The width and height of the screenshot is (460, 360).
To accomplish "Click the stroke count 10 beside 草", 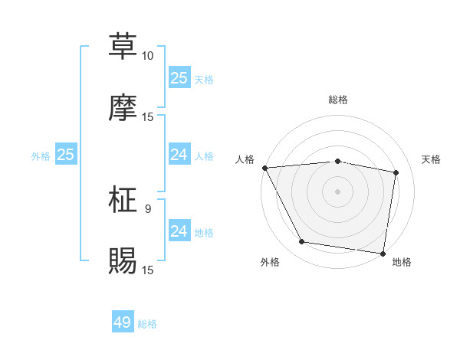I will click(147, 56).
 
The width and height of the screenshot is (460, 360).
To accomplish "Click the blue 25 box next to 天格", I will click(179, 77).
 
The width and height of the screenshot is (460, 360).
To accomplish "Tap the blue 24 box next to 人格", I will click(179, 155).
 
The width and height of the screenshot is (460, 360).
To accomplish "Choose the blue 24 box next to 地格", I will click(179, 231).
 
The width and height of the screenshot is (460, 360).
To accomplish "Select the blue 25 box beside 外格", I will click(65, 155).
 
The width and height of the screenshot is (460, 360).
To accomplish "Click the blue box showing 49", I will click(123, 322).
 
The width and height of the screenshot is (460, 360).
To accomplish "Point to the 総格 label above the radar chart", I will click(338, 100).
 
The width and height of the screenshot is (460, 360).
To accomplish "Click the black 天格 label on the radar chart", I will click(432, 159).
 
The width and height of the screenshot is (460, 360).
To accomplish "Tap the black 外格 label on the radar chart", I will click(270, 263).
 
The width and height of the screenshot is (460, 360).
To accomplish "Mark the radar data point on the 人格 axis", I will click(264, 168).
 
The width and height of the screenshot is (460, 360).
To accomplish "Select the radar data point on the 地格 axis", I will click(383, 253).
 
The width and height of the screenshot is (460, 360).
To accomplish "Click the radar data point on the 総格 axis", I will click(338, 161).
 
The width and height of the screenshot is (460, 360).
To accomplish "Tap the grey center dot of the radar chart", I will click(338, 191).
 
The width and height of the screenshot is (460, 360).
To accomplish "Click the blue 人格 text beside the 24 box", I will click(204, 156).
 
